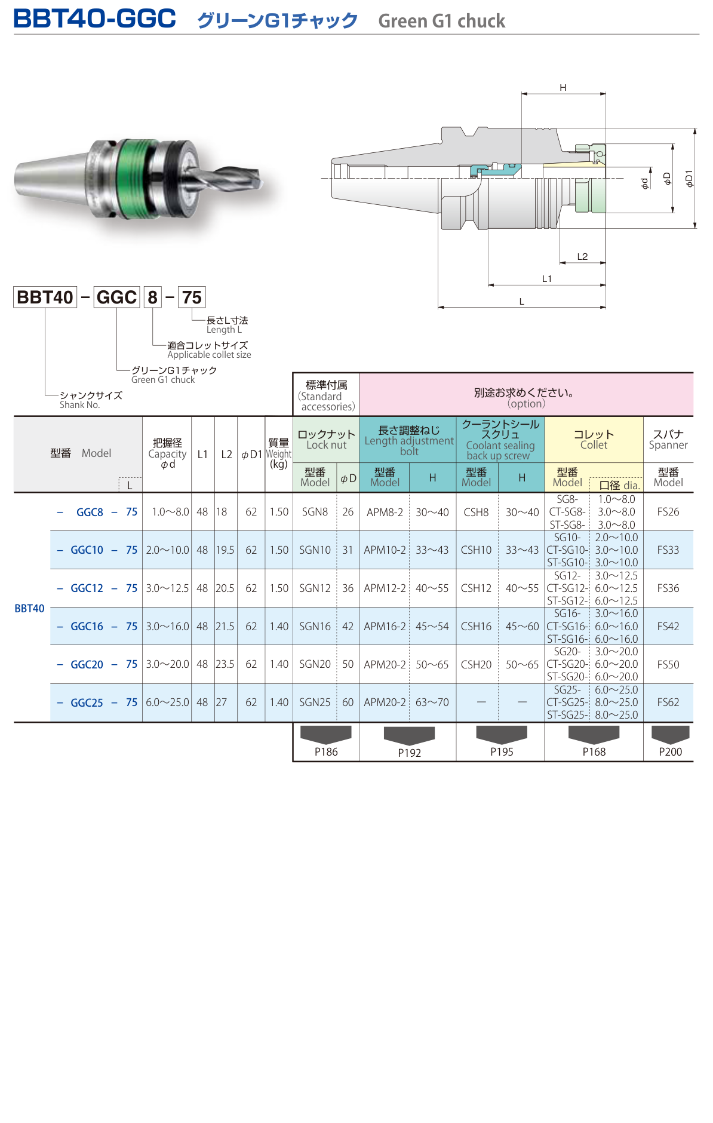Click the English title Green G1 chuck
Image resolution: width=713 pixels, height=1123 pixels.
(441, 22)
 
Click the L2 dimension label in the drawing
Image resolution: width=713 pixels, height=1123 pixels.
(582, 257)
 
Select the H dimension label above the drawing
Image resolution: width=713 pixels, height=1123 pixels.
(563, 88)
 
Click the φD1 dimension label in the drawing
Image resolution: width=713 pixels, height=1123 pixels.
(689, 178)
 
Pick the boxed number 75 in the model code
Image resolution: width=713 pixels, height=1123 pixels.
(192, 297)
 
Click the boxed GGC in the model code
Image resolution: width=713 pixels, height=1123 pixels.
(116, 297)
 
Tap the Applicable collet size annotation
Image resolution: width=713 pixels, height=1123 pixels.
(209, 354)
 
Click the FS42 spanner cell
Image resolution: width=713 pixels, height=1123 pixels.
(668, 627)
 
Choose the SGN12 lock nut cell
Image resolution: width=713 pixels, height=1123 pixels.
(315, 588)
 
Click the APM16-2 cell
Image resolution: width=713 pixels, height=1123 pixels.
(385, 627)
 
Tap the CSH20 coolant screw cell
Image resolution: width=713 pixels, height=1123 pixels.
(476, 665)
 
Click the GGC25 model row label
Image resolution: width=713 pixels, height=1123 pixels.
(87, 703)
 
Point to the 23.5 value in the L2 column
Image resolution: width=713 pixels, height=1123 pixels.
(225, 664)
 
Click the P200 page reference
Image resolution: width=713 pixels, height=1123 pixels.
(670, 752)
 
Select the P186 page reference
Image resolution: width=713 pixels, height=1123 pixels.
(326, 752)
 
